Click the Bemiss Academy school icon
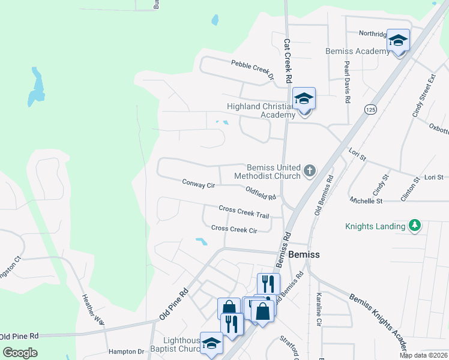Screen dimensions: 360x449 pyautogui.click(x=398, y=41)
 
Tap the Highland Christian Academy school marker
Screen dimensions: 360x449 pyautogui.click(x=304, y=99)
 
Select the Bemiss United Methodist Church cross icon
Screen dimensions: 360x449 pyautogui.click(x=310, y=171)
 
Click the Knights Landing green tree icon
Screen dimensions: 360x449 pyautogui.click(x=414, y=226)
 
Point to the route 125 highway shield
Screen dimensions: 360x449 pyautogui.click(x=370, y=109)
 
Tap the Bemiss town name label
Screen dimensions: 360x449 pyautogui.click(x=304, y=254)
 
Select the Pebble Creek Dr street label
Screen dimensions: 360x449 pyautogui.click(x=252, y=69)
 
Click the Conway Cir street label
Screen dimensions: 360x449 pyautogui.click(x=199, y=185)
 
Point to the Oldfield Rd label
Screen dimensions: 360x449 pyautogui.click(x=261, y=193)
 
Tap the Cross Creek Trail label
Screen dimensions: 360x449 pyautogui.click(x=244, y=211)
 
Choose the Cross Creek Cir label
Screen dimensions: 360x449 pyautogui.click(x=234, y=229)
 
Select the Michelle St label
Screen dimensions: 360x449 pyautogui.click(x=366, y=201)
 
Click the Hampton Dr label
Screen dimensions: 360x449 pyautogui.click(x=127, y=352)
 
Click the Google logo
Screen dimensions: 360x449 pyautogui.click(x=20, y=352)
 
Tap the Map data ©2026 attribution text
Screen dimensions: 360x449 pyautogui.click(x=423, y=355)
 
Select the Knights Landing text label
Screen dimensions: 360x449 pyautogui.click(x=375, y=227)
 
